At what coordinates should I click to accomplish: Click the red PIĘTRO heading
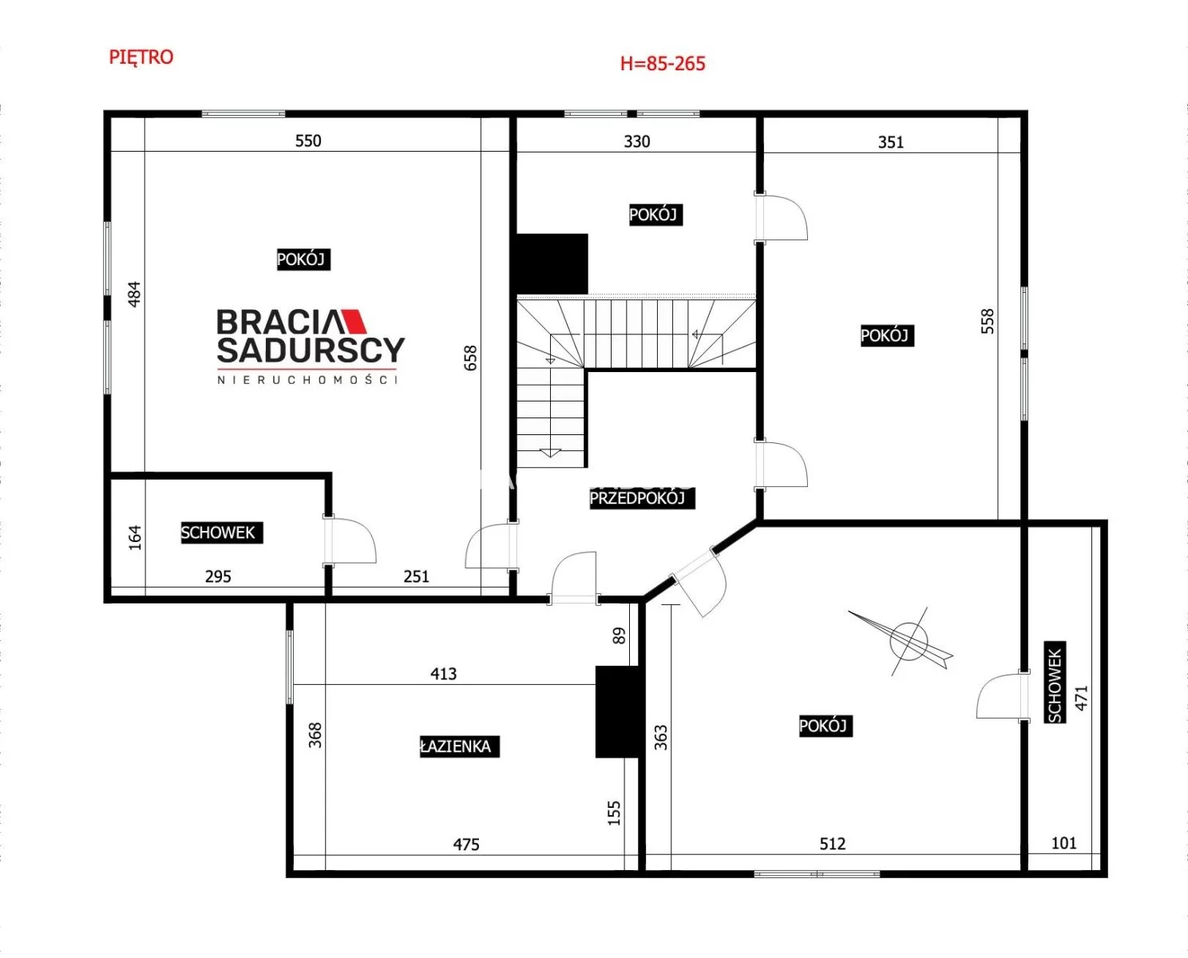click(x=141, y=57)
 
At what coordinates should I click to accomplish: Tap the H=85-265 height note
click(x=663, y=64)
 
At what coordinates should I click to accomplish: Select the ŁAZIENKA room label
click(x=459, y=746)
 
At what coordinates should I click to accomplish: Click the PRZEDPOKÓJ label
click(x=642, y=498)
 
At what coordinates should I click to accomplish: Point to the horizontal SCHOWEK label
click(x=222, y=532)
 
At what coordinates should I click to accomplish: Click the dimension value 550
click(x=308, y=141)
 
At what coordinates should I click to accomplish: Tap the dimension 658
click(x=470, y=358)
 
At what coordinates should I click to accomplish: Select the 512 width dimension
click(x=833, y=844)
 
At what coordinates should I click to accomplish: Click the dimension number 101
click(x=1063, y=843)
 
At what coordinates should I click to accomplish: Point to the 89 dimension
click(x=620, y=635)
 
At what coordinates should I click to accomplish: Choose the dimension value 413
click(x=444, y=674)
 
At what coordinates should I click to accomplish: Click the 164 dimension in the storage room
click(x=135, y=538)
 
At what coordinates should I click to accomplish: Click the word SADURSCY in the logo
click(x=311, y=350)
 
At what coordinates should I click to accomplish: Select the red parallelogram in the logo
click(x=354, y=322)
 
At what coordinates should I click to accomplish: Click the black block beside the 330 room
click(x=552, y=264)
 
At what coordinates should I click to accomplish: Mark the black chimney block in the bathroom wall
click(x=620, y=712)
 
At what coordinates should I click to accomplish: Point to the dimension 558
click(x=988, y=321)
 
